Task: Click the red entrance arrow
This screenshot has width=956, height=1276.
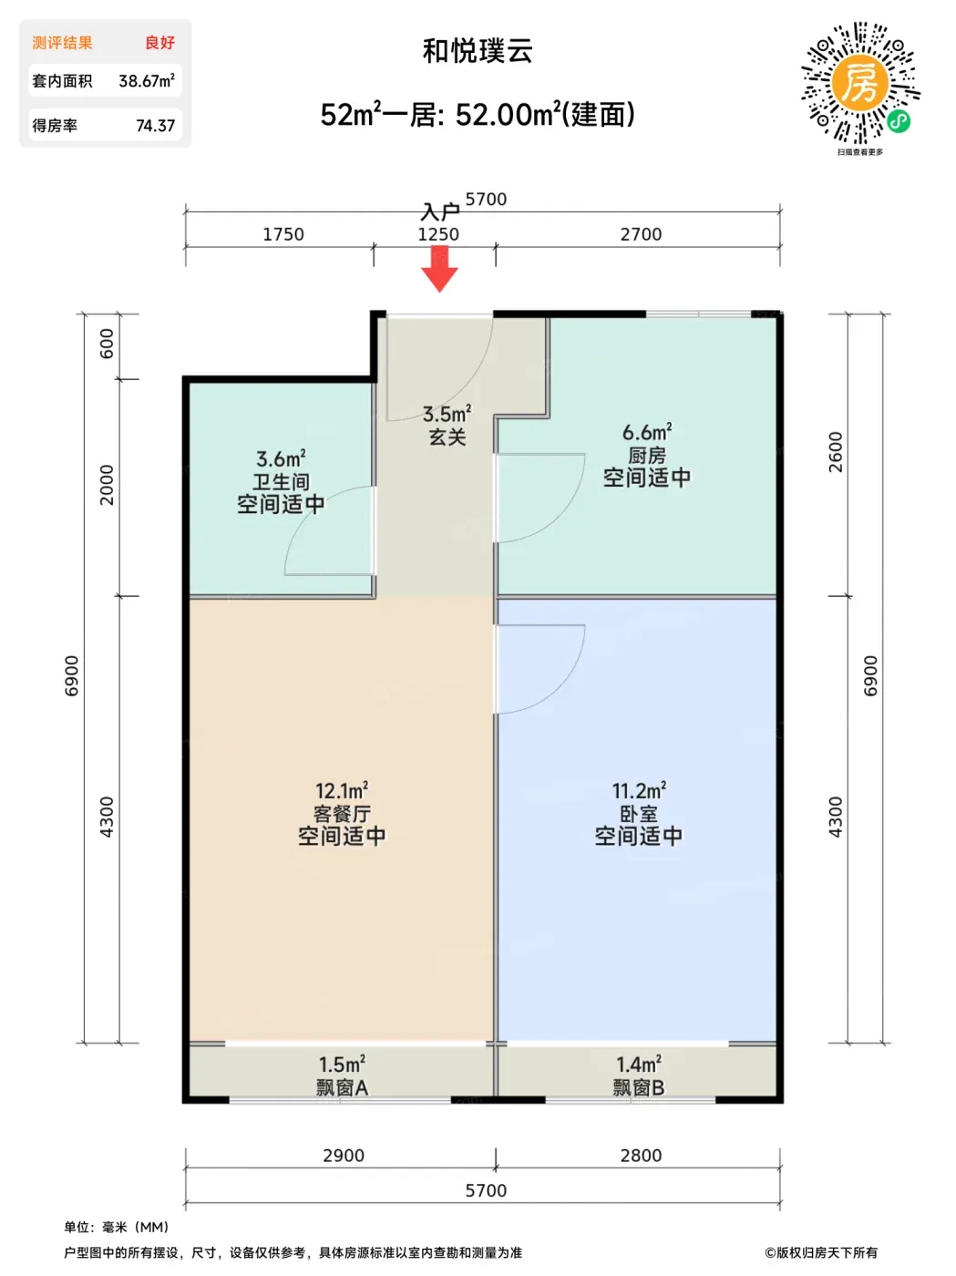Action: (x=439, y=269)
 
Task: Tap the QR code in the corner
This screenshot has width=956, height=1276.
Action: (x=860, y=84)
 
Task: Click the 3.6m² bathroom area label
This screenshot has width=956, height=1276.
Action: (x=281, y=459)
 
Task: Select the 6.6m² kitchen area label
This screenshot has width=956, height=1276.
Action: (x=647, y=432)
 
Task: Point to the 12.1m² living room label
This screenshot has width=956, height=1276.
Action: (x=342, y=790)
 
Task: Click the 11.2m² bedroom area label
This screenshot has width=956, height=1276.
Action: (x=639, y=790)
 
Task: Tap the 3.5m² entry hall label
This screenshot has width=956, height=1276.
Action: (x=447, y=415)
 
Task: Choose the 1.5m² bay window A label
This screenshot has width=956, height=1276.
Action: (x=342, y=1065)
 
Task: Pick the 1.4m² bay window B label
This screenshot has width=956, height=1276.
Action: (x=639, y=1065)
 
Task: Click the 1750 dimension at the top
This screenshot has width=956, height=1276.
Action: (x=283, y=234)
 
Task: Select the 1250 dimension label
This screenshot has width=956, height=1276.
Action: (x=438, y=234)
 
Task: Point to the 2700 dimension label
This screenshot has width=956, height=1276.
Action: (x=641, y=234)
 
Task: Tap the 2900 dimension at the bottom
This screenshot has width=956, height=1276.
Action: (x=344, y=1155)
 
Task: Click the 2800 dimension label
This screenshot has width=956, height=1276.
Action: (x=641, y=1155)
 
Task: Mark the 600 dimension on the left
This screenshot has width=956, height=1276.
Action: (x=107, y=344)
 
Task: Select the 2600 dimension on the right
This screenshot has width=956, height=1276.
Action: (x=835, y=452)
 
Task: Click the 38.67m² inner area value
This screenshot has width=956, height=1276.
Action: (x=147, y=80)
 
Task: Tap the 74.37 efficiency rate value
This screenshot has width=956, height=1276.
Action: (x=155, y=126)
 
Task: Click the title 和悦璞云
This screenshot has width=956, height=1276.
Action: (x=478, y=51)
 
